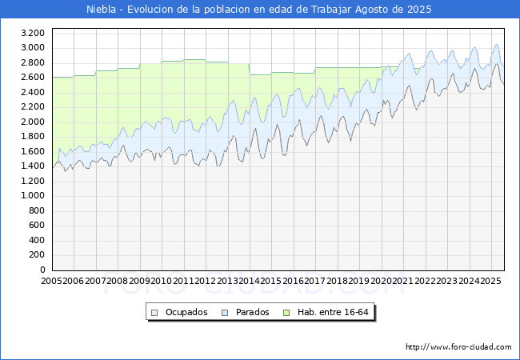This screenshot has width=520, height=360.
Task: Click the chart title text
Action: [259, 10]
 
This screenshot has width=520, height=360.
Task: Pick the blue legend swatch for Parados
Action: [226, 312]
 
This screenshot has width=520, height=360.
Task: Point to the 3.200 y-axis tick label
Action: [32, 33]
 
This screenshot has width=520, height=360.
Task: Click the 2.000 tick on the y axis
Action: [32, 122]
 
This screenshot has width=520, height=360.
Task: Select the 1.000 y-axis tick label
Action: [32, 196]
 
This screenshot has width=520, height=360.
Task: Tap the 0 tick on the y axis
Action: [42, 270]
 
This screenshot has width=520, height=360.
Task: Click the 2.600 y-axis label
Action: [32, 78]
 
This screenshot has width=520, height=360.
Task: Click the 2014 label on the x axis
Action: [250, 281]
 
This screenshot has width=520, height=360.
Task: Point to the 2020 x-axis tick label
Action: [381, 281]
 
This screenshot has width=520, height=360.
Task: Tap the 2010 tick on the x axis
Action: [162, 281]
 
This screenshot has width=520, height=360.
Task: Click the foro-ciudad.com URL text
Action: [458, 347]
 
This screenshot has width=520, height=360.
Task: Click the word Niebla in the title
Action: [102, 10]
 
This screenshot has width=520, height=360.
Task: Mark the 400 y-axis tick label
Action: [37, 240]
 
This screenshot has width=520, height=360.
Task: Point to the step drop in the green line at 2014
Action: [250, 69]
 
